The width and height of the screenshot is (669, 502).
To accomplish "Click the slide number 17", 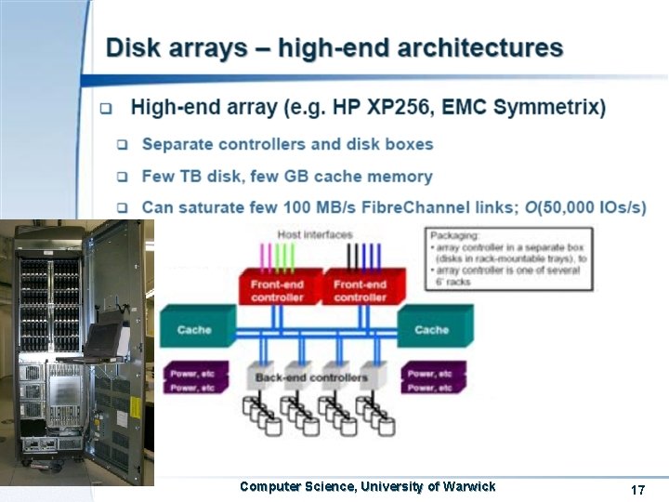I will tap(637, 489).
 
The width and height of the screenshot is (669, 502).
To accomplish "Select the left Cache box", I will tap(194, 329).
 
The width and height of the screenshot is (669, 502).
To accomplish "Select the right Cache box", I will tap(432, 329).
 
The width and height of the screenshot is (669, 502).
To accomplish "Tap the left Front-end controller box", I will tap(277, 290).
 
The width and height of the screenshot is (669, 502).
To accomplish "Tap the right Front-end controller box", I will tap(360, 290).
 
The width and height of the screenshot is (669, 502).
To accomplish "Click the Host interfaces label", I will tap(315, 235).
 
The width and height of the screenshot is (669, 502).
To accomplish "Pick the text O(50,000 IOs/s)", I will tap(585, 207).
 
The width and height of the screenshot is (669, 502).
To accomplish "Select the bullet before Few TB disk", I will tap(122, 177).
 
